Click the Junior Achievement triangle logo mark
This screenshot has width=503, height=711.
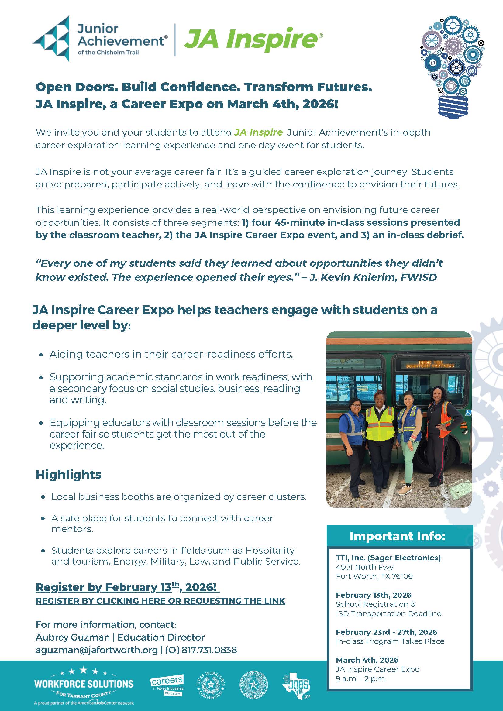click(x=51, y=38)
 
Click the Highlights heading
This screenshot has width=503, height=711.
click(x=68, y=475)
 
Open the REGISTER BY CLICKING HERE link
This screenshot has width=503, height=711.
click(x=160, y=601)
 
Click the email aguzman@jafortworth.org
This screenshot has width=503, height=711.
click(x=97, y=650)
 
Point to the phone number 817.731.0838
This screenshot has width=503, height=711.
click(x=209, y=650)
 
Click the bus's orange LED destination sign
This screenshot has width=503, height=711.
click(x=430, y=364)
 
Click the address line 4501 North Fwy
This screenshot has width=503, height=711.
click(x=364, y=567)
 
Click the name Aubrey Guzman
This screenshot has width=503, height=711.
click(x=73, y=637)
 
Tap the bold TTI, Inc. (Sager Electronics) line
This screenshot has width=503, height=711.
click(x=388, y=558)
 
